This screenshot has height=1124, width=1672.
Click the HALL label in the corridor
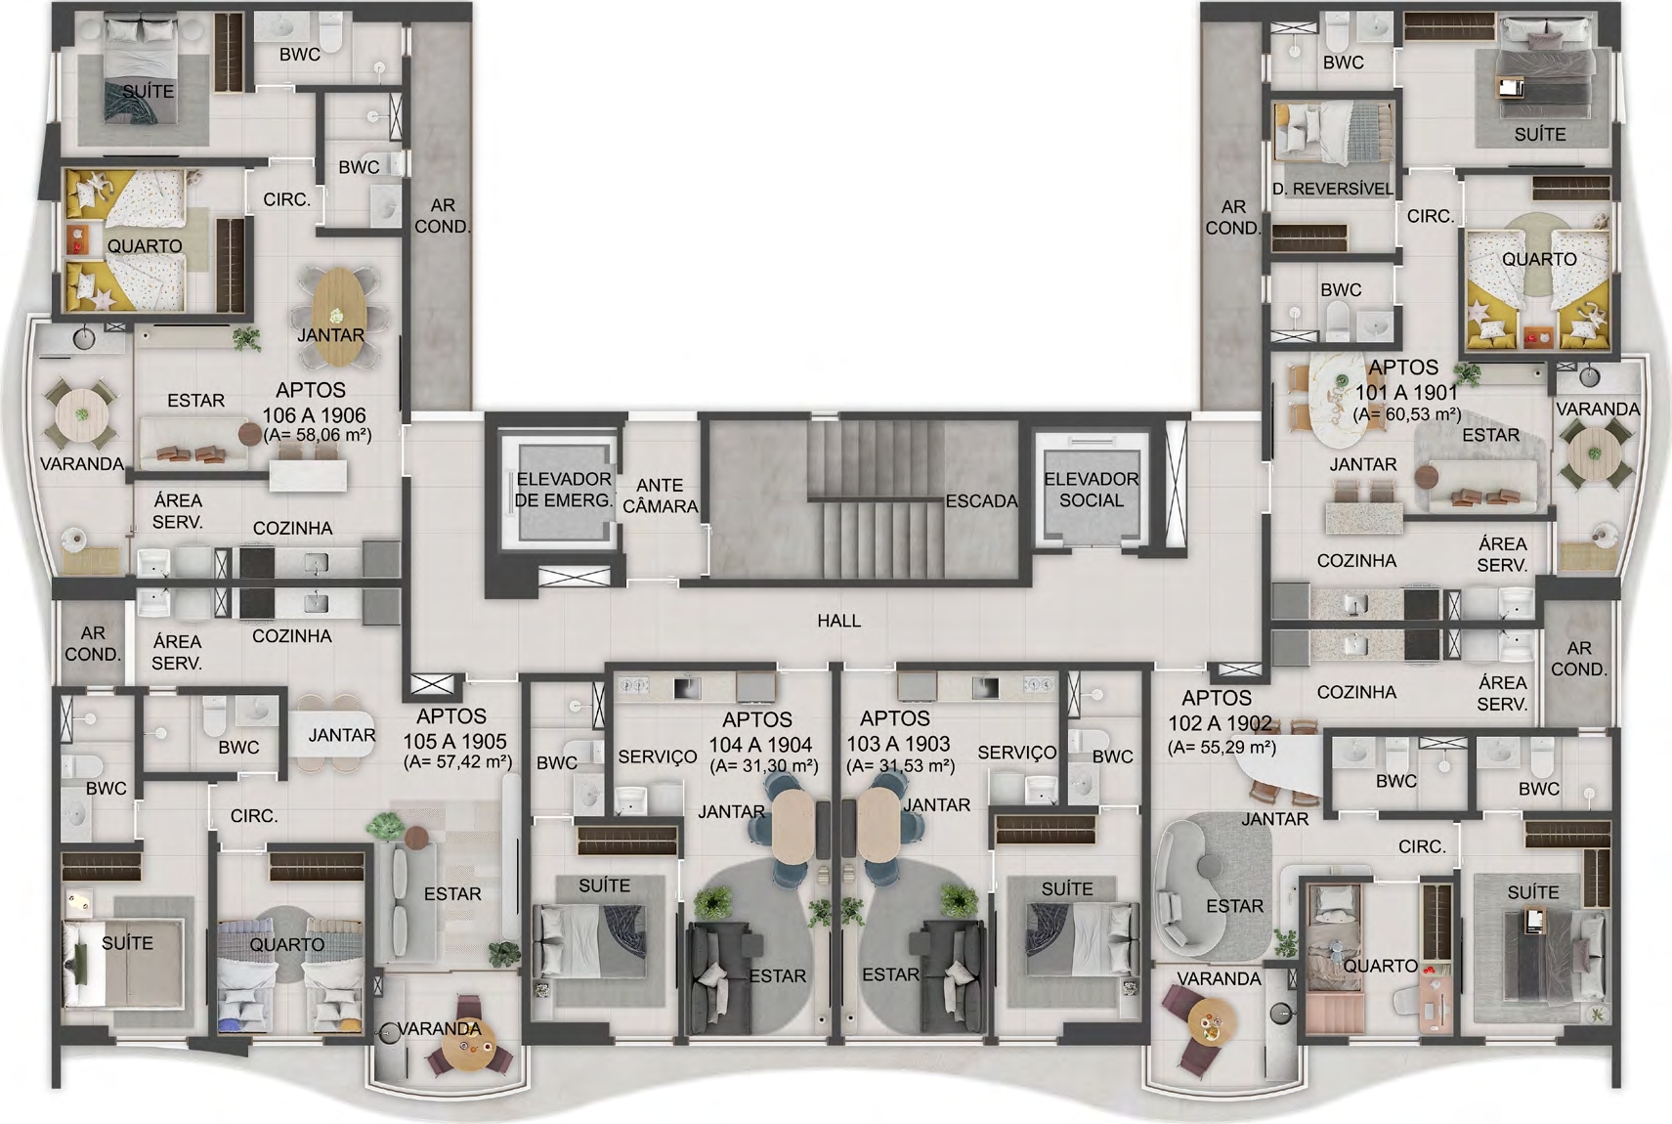839,621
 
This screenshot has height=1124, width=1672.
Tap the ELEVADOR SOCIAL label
1092,490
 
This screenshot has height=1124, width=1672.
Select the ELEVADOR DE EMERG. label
564,490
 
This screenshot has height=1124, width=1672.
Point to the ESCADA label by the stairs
981,501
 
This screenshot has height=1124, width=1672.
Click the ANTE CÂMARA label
661,497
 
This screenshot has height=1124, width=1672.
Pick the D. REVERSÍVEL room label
1333,190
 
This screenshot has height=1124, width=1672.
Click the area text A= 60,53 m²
1408,414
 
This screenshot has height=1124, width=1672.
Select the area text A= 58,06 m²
318,434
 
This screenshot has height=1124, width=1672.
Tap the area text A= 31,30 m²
763,765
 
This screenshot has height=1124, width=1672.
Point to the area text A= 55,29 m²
1222,747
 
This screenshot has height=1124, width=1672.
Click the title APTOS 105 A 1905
453,728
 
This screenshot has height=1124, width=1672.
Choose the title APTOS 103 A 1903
897,731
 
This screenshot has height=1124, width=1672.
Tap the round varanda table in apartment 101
1595,454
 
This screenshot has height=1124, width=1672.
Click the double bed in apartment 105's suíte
123,964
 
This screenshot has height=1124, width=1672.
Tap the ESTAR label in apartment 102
1234,906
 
